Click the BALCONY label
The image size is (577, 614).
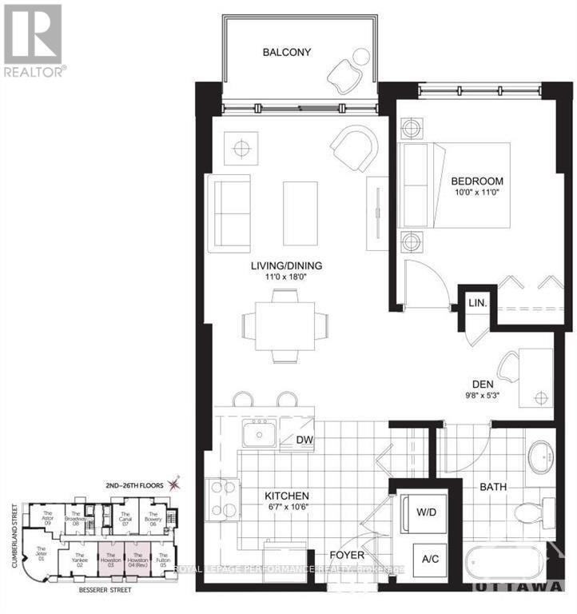pyautogui.click(x=286, y=53)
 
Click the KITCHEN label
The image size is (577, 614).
pyautogui.click(x=287, y=496)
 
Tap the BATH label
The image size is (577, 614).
pyautogui.click(x=494, y=486)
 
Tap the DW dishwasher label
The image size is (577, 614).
pyautogui.click(x=304, y=440)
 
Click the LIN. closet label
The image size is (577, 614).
pyautogui.click(x=477, y=305)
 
